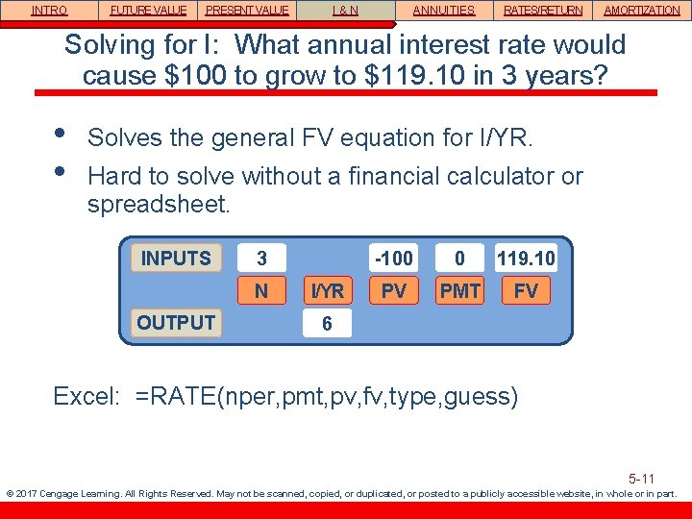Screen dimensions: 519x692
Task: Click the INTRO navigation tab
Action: (49, 11)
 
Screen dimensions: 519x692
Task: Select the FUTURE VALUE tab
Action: (148, 11)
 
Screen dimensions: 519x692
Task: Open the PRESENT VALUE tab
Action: (247, 11)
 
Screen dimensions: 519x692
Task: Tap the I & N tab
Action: (346, 11)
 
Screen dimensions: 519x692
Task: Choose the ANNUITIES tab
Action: (444, 11)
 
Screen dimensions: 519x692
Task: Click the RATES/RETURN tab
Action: (543, 11)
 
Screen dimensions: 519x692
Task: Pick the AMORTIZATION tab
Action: (641, 11)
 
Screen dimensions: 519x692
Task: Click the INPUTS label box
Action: (176, 259)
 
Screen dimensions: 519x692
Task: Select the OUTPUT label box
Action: (176, 323)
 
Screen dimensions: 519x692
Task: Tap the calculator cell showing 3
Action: (262, 259)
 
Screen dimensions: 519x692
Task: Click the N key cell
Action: (261, 290)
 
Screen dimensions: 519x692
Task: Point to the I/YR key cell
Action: (328, 290)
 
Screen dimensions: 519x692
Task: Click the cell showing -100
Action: (394, 259)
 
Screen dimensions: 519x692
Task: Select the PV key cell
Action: (394, 290)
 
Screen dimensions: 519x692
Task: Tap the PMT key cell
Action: (460, 290)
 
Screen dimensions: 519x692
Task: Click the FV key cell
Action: (526, 290)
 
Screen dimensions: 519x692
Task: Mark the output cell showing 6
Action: (328, 324)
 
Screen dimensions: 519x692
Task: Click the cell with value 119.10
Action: (526, 259)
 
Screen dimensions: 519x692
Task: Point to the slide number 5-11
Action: (641, 478)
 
